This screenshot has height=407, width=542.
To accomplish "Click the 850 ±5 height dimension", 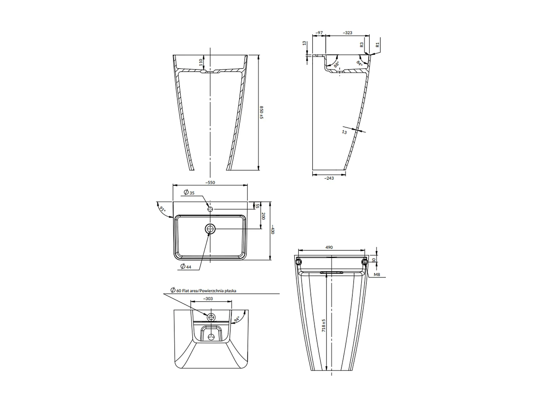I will (x=262, y=113).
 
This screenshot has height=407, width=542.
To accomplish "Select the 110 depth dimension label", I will (x=201, y=62).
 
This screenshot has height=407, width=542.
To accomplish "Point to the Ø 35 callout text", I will (x=189, y=192).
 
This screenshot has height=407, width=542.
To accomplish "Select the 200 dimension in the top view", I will (x=264, y=216).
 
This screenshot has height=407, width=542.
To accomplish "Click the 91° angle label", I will (x=162, y=209).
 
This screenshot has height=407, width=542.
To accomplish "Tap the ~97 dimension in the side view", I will (x=319, y=33).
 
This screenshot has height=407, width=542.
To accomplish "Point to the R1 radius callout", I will (x=377, y=45).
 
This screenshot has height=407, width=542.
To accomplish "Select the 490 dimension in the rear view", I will (x=329, y=247).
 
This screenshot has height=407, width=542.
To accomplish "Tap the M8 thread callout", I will (x=377, y=275).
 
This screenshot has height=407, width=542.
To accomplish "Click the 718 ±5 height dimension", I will (x=324, y=326).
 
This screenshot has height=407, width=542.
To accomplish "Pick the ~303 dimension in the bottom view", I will (x=208, y=299).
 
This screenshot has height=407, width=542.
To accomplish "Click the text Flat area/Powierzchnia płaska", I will (x=206, y=291).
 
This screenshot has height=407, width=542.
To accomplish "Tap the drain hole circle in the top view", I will (x=210, y=229).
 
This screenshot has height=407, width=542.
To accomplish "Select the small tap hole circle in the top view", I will (x=210, y=209).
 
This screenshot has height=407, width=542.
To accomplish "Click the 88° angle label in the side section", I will (x=336, y=65).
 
